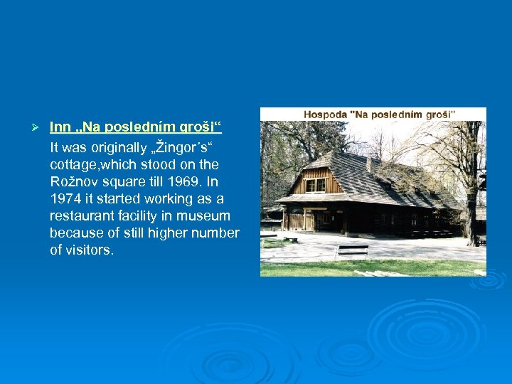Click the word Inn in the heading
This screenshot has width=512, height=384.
point(60,128)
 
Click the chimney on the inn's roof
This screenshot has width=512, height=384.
point(369,164)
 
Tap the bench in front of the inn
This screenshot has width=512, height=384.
point(352,250)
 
